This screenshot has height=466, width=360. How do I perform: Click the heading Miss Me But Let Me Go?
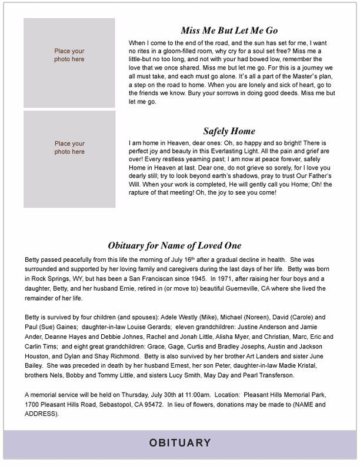[x=229, y=31]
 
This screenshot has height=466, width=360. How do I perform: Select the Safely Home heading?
[x=229, y=131]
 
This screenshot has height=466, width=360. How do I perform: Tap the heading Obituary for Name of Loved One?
[x=175, y=245]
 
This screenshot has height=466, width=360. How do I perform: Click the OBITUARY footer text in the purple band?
[x=180, y=442]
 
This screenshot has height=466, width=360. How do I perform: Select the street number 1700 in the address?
[x=32, y=405]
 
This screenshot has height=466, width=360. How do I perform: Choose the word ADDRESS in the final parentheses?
[x=42, y=414]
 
